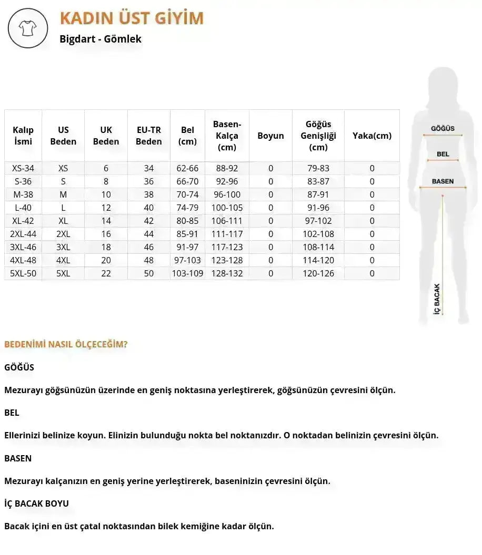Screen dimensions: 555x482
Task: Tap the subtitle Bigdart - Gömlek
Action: tap(101, 39)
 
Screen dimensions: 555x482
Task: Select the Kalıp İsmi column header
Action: tap(23, 136)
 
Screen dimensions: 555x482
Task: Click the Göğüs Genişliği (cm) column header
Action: tap(318, 136)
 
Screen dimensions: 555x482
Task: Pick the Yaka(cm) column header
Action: tap(372, 136)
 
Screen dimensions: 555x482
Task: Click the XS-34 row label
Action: tap(23, 168)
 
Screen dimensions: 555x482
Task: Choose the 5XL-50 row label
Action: tap(23, 273)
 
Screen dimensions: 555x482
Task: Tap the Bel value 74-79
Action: tap(187, 208)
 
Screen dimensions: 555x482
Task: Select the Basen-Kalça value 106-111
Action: tap(227, 221)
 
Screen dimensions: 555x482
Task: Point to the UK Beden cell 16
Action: tap(106, 234)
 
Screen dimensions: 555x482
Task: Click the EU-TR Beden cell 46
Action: tap(149, 247)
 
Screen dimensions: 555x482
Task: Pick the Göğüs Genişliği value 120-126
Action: tap(318, 273)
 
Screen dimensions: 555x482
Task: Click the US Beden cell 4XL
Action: tap(63, 260)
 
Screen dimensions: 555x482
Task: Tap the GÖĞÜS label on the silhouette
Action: tap(443, 128)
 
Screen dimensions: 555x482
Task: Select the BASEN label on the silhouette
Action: tap(443, 181)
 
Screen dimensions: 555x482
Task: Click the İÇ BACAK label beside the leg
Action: tap(436, 300)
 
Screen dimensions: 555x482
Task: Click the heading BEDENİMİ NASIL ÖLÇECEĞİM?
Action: tap(66, 345)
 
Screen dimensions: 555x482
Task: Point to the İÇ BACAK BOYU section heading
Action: tap(36, 503)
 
